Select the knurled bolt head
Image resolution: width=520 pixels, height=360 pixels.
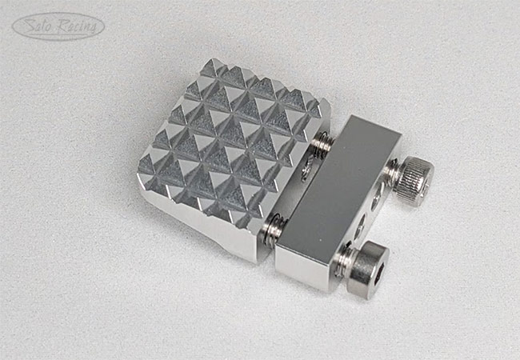coord(415,172)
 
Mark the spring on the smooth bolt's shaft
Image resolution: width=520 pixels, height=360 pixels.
coord(273,230)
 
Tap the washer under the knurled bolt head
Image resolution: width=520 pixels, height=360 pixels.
coord(394,170)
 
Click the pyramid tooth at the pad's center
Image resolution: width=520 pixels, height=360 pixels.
coord(233,132)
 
